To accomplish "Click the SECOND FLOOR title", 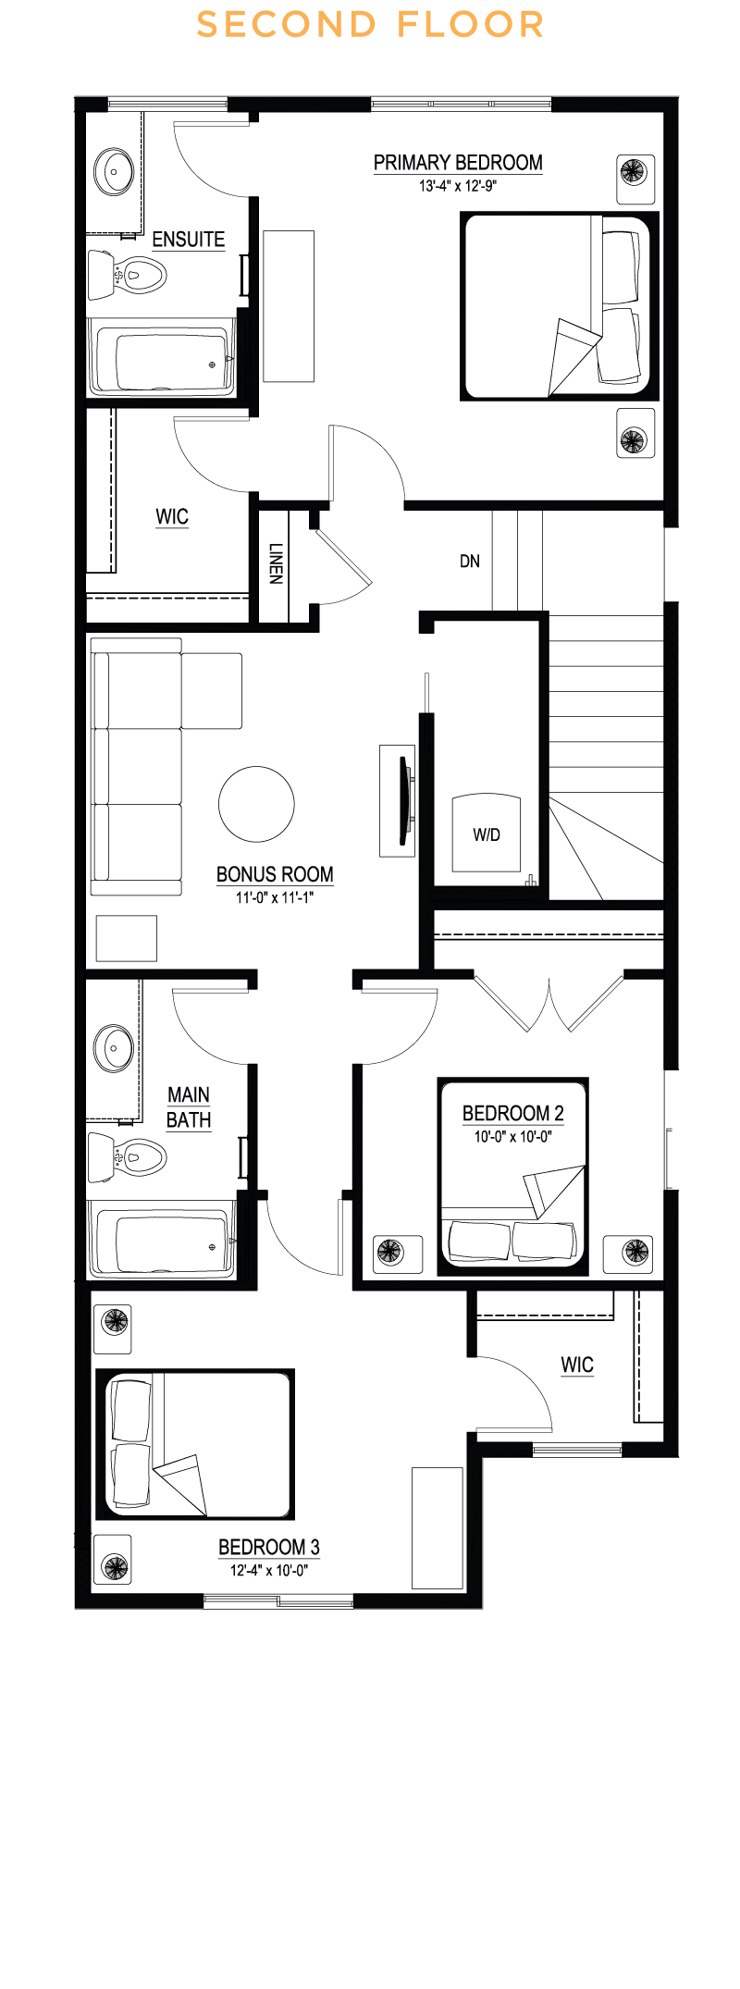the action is point(370,25).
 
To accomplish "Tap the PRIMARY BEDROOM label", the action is point(458,163).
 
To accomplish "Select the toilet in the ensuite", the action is point(127,275).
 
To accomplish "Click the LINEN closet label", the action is point(276,563).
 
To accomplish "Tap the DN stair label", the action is point(470,562).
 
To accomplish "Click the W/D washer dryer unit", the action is point(487,834).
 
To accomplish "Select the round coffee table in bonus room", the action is point(256,804).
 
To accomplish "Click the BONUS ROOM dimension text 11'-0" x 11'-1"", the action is point(275,897).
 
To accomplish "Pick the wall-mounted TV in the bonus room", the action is point(403,801).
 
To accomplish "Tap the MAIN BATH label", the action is point(189,1107).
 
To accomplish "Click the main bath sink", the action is point(114,1048).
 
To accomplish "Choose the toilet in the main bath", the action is point(127,1157).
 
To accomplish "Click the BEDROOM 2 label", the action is point(513,1113).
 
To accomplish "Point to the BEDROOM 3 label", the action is point(269,1547).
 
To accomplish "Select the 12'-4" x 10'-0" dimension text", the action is point(269,1570).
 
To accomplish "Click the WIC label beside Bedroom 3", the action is point(577,1365).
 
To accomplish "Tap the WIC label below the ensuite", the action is point(172,516).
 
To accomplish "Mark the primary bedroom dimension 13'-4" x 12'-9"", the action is point(458,186).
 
